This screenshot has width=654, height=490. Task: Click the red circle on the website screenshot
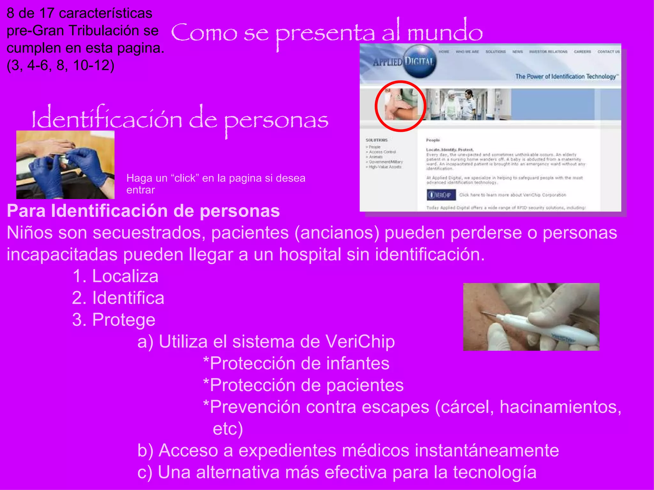pos(400,106)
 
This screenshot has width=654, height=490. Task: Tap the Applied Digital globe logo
pos(419,61)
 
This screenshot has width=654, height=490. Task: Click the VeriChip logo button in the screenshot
pos(441,195)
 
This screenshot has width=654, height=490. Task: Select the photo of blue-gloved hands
pos(65,165)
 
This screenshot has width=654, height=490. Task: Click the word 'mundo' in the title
pos(445,33)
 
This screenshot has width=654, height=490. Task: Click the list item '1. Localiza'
pos(115,276)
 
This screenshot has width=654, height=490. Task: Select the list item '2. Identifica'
pos(118,298)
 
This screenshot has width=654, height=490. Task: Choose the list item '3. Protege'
pos(114,320)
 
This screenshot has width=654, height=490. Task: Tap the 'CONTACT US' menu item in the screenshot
pos(608,52)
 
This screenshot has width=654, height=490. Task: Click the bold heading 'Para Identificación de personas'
pos(143,211)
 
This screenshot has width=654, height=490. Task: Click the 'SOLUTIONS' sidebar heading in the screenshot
pos(376,140)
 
